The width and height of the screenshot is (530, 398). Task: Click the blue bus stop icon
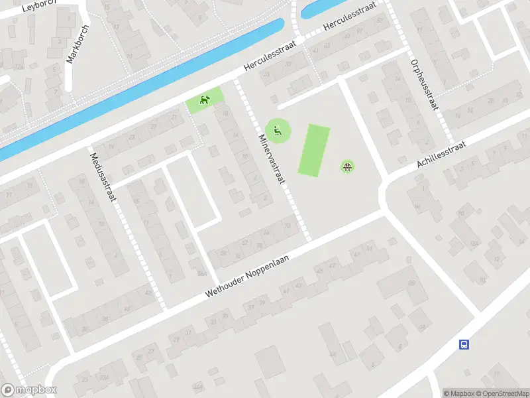(x=464, y=344)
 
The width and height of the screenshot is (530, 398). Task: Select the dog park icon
(x=204, y=101)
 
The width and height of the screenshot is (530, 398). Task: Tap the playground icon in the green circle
(x=278, y=129)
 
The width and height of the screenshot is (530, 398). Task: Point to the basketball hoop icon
(x=348, y=166)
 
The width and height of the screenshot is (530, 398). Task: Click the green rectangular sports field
(x=313, y=151)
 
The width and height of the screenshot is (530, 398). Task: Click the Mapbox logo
(x=28, y=390)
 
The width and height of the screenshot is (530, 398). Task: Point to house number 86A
(x=201, y=273)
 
